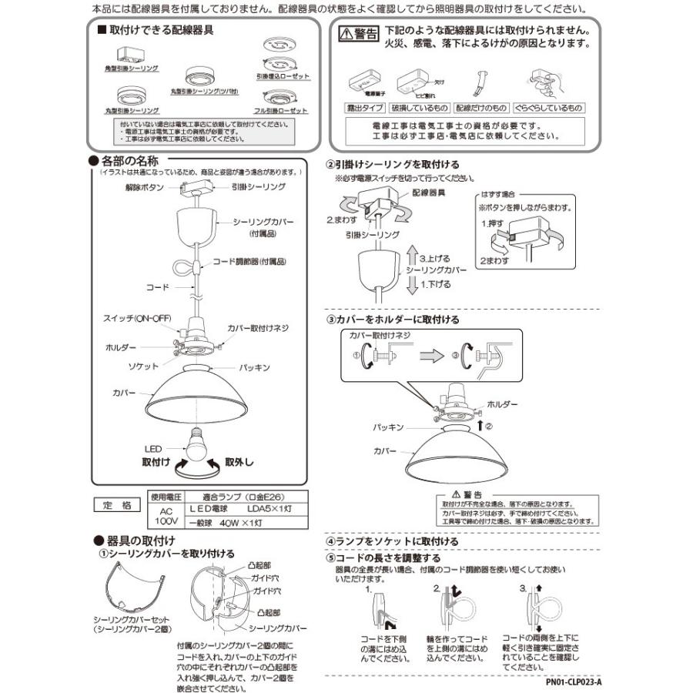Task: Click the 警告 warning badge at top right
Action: point(359,35)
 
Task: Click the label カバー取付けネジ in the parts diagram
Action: point(257,328)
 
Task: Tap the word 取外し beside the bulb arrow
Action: point(239,463)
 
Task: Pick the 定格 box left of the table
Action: point(118,505)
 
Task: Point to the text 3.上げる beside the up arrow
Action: point(434,259)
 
